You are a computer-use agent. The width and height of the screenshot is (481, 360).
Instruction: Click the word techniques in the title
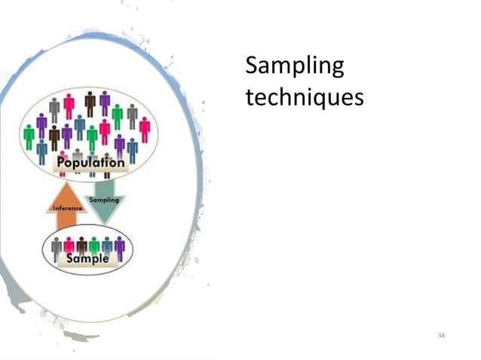point(305,97)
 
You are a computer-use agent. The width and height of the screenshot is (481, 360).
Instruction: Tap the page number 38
point(442,334)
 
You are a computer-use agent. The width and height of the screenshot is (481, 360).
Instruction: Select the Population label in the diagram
point(91,163)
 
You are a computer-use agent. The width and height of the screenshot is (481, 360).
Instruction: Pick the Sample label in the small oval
point(87,258)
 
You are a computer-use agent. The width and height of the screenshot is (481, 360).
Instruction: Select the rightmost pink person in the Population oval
point(144,129)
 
